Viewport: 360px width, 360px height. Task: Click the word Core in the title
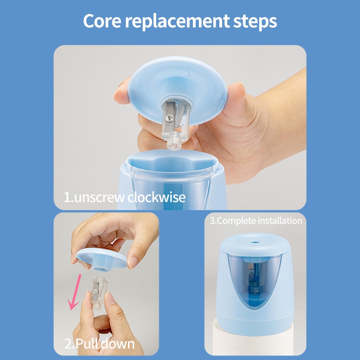tap(102, 21)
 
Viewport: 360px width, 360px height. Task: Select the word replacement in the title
tap(177, 22)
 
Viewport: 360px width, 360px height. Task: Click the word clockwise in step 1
tap(156, 197)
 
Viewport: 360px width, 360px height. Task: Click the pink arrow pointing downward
tap(75, 292)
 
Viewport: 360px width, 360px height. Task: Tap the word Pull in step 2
tap(87, 344)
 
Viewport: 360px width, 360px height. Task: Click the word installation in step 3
tap(280, 220)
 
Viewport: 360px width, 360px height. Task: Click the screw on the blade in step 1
tap(170, 118)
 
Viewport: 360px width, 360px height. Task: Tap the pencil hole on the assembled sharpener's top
tap(254, 242)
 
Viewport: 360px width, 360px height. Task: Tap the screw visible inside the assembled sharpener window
tap(252, 272)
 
